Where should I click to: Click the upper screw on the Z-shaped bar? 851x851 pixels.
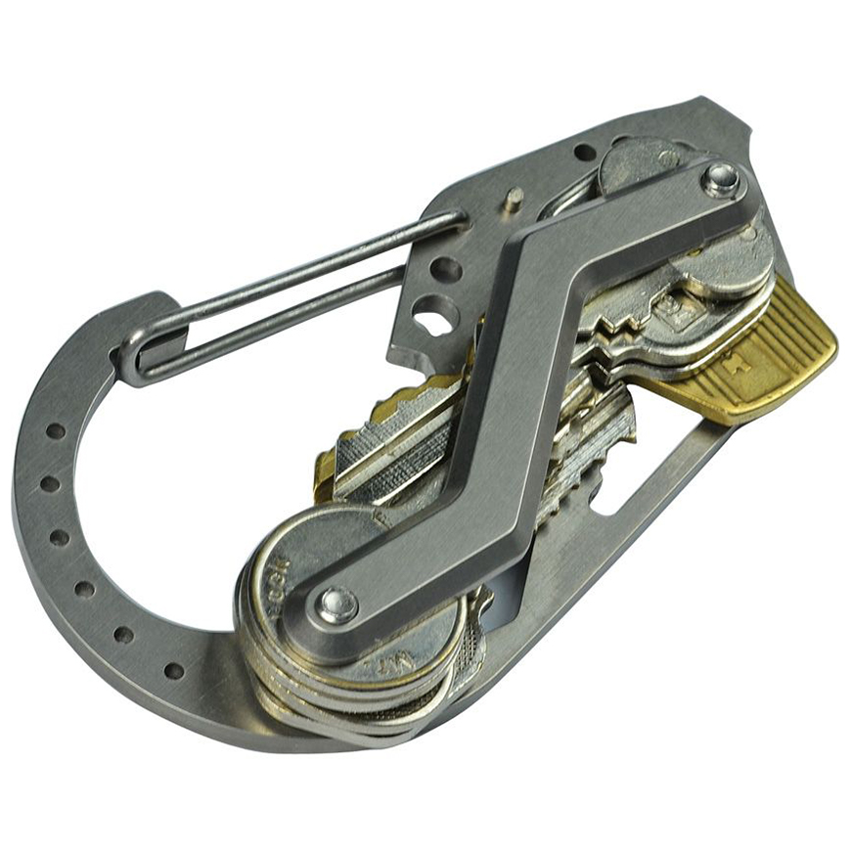pyautogui.click(x=722, y=179)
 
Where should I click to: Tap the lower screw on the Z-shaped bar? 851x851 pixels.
pyautogui.click(x=337, y=604)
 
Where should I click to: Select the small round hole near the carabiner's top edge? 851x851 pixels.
pyautogui.click(x=584, y=153)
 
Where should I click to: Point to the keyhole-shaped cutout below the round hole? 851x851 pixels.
pyautogui.click(x=431, y=316)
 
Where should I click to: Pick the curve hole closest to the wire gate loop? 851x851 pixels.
pyautogui.click(x=56, y=430)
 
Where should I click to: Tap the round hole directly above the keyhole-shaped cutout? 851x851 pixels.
pyautogui.click(x=446, y=269)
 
